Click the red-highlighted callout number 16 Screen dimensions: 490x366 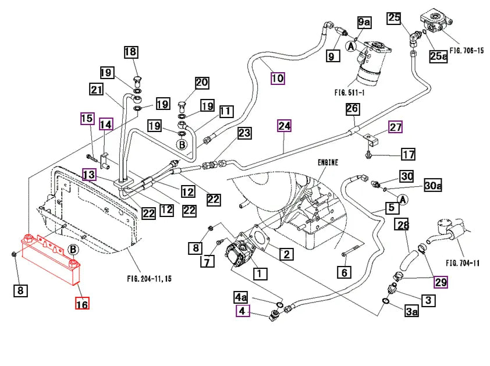(82, 303)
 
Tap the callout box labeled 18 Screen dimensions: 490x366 (131, 52)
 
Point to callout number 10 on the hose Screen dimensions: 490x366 (278, 78)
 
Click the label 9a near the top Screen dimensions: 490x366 (364, 22)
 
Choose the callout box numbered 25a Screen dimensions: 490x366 (438, 56)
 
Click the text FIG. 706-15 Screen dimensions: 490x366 (467, 50)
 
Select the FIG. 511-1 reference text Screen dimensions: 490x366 (349, 93)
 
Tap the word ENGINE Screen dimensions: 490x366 (328, 162)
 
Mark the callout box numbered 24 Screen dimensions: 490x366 (284, 126)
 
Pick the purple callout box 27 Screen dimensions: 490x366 (395, 127)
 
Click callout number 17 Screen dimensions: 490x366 (408, 154)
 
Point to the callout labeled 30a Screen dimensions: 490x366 (433, 186)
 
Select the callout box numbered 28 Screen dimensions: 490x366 (403, 225)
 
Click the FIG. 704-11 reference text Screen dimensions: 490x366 (463, 263)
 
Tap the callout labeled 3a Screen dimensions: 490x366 (411, 311)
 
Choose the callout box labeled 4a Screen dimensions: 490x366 (241, 297)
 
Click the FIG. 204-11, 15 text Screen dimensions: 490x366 (150, 279)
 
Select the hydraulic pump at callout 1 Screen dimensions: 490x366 (240, 254)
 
